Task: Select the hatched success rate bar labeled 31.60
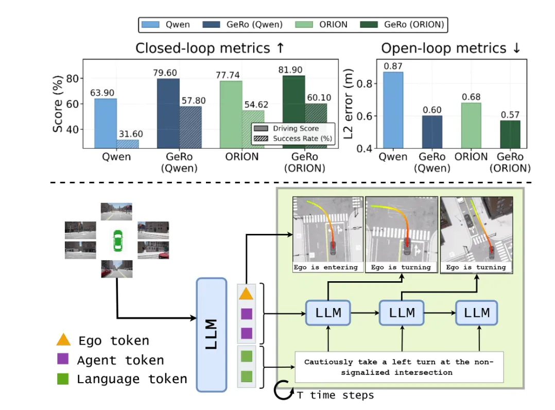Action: [128, 144]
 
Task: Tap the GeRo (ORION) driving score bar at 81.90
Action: [293, 112]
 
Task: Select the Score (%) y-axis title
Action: [58, 103]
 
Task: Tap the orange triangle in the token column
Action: [246, 294]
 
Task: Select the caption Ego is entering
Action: [326, 267]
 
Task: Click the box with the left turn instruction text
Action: [399, 367]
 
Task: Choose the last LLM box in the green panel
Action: [477, 313]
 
